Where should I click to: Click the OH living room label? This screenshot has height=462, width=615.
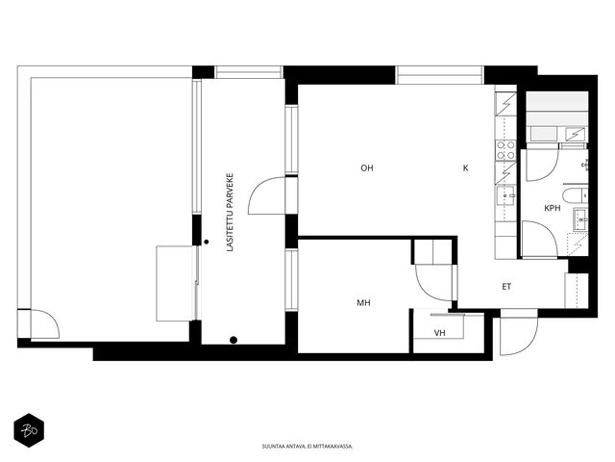tap(367, 168)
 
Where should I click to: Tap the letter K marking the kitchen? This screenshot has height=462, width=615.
tap(465, 168)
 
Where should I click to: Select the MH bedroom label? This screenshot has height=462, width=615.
tap(363, 303)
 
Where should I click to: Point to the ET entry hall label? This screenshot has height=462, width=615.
tap(506, 287)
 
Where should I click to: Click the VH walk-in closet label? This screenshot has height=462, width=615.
tap(440, 333)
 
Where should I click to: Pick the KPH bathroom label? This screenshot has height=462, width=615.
tap(553, 208)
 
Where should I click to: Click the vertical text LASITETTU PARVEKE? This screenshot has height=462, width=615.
tap(231, 213)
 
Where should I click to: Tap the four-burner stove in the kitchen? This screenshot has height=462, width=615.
tap(506, 150)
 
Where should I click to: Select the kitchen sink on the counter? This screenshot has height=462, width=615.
tap(506, 195)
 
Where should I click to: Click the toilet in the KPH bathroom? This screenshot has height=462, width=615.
tap(575, 195)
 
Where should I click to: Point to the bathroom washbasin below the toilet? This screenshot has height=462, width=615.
tap(580, 219)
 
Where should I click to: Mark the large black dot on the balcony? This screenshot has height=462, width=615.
tap(234, 340)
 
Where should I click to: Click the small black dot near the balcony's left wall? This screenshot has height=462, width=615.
tap(207, 242)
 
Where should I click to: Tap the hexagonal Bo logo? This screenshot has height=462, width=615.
tap(29, 430)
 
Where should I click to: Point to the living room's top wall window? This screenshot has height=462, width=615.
tap(440, 75)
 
